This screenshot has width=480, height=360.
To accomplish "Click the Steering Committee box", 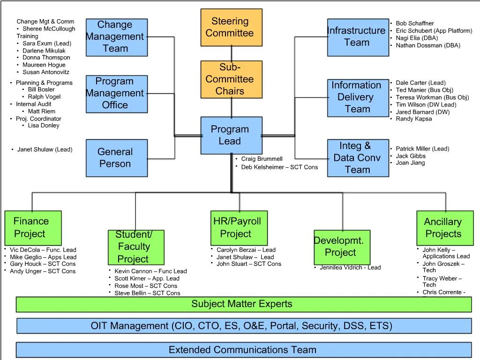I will pos(231,27).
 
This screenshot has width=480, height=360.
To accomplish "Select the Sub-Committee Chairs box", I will pos(231,79).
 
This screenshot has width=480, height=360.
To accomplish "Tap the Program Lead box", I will pos(231,135).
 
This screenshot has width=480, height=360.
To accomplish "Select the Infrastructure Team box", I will pos(358,37).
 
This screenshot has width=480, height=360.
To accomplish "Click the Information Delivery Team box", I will pos(358,97).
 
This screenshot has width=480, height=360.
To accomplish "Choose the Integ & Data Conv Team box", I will pos(358,158).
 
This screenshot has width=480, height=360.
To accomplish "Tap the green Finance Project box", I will pos(33,227).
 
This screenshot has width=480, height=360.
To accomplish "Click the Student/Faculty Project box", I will pos(135,247).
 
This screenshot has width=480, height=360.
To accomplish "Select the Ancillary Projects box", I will pos(445,227).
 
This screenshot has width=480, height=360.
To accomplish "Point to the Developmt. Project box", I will pos(342,247).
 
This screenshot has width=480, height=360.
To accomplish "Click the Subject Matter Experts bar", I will pos(243,304).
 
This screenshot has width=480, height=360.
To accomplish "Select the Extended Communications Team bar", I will pos(243,350).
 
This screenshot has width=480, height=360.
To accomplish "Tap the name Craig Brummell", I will pos(262,159).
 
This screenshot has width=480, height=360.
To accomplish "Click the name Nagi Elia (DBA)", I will pos(417,38).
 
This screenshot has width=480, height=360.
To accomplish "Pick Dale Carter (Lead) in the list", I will pos(420,83).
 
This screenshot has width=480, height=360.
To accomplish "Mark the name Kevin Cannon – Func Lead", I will pos(150,271).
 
